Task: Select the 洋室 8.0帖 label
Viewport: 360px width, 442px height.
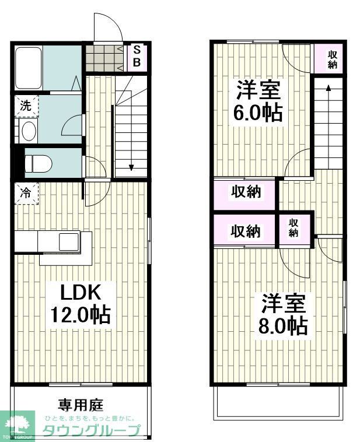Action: click(x=284, y=314)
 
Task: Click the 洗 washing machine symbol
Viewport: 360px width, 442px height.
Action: click(x=26, y=106)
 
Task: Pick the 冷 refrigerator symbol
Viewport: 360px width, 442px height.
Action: click(x=26, y=193)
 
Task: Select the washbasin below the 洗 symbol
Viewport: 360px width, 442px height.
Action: click(x=28, y=131)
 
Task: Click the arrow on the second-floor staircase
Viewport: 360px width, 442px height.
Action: click(x=328, y=88)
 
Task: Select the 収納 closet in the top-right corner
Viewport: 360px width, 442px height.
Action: click(x=332, y=59)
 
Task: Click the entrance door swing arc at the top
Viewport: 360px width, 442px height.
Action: click(x=108, y=26)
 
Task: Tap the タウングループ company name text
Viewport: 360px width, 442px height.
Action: click(x=92, y=432)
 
